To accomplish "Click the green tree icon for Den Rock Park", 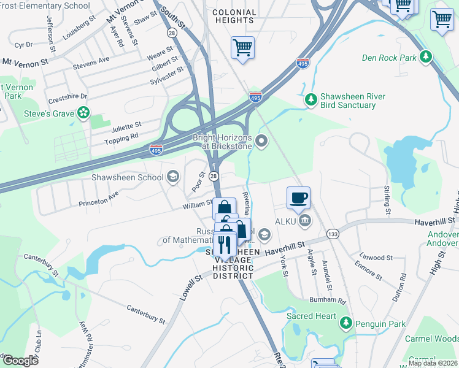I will [x=424, y=58].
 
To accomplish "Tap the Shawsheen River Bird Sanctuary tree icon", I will [x=311, y=99].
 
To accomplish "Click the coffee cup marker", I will [x=299, y=198].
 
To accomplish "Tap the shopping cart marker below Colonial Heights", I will [x=242, y=47].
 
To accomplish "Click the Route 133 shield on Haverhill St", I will [x=333, y=234].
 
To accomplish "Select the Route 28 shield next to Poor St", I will [x=214, y=176].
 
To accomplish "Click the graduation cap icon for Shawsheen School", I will [x=173, y=177].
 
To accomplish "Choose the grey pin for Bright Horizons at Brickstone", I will [x=262, y=142].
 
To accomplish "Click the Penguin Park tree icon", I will [x=346, y=323].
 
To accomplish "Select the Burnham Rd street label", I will [x=328, y=301].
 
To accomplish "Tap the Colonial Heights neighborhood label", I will [x=234, y=17].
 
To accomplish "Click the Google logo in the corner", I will [x=21, y=361].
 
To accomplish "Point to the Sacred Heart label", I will [x=311, y=316].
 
